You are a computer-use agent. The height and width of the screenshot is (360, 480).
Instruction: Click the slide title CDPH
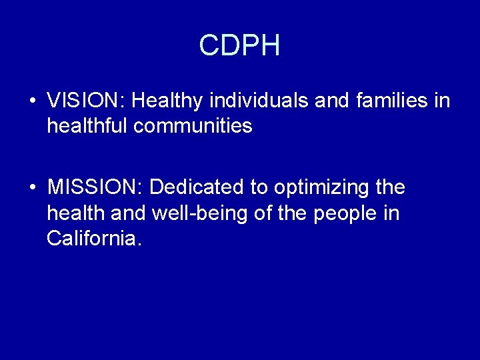pyautogui.click(x=239, y=46)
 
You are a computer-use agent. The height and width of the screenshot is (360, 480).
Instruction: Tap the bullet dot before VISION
pyautogui.click(x=32, y=102)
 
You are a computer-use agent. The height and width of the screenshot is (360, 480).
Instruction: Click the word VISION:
pyautogui.click(x=87, y=101)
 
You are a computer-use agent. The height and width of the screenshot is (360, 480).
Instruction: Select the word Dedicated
pyautogui.click(x=198, y=188)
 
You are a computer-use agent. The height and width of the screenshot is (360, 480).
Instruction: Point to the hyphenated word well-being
pyautogui.click(x=192, y=213)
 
